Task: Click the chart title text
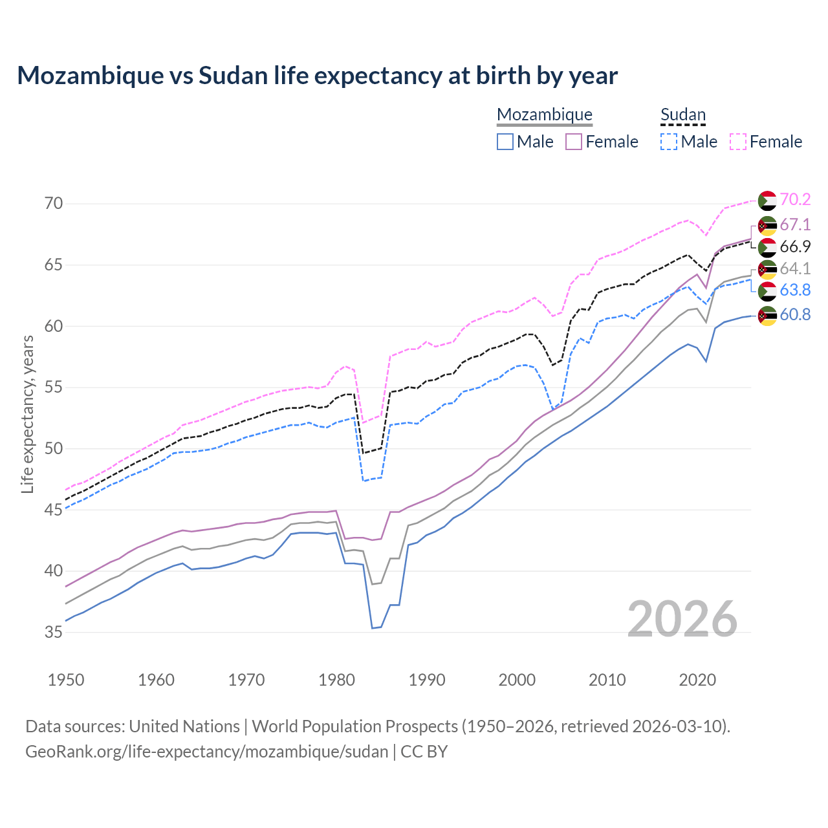317,76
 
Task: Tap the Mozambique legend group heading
544,115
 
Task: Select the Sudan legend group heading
682,115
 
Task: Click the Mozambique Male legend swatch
505,142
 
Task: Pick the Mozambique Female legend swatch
574,142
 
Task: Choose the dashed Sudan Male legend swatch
669,142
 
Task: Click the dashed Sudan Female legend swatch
738,142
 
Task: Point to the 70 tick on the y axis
54,204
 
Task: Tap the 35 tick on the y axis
54,632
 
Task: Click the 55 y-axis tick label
54,387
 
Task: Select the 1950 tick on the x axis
66,680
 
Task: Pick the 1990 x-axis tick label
427,680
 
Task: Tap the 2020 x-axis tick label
697,680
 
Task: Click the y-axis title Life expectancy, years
27,414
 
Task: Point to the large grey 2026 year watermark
682,619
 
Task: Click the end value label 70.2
795,200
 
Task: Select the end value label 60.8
795,315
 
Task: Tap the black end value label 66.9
795,246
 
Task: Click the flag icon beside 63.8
767,291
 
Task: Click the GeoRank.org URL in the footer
206,752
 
